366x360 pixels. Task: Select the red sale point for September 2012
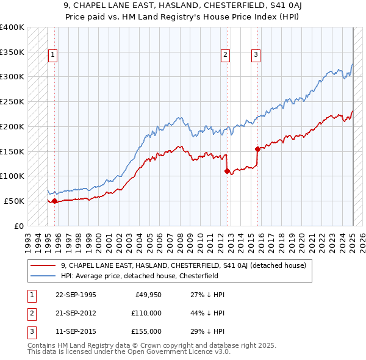click(x=227, y=171)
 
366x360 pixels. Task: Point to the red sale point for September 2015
click(x=257, y=148)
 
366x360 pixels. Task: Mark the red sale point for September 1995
click(x=55, y=201)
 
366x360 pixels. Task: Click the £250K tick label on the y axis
click(x=12, y=101)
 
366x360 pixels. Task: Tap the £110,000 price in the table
click(x=146, y=313)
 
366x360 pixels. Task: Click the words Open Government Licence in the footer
click(x=173, y=352)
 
